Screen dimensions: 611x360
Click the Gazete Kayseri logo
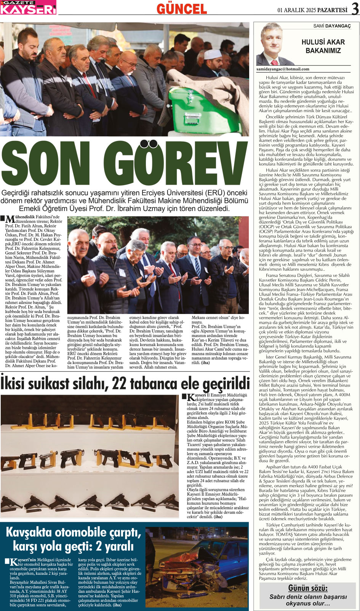[x=28, y=7]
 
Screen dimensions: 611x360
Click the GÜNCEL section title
[x=182, y=8]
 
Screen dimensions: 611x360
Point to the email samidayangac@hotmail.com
[x=283, y=69]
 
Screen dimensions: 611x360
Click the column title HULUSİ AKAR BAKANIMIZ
[x=323, y=46]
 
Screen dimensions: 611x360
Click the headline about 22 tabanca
[x=125, y=383]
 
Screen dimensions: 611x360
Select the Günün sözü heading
[x=308, y=588]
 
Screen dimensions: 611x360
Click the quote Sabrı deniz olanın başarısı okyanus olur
[x=308, y=600]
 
